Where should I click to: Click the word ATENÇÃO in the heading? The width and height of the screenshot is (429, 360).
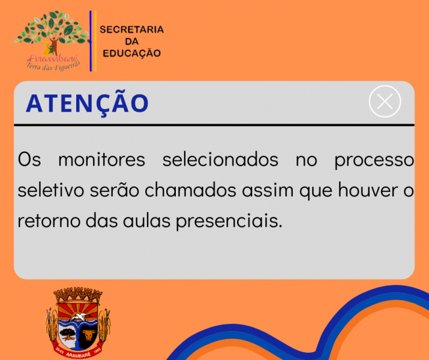point(87,103)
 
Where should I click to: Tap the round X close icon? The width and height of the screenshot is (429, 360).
point(385,101)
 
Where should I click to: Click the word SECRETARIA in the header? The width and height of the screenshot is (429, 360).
point(131,29)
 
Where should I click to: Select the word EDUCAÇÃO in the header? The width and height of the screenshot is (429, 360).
point(131,53)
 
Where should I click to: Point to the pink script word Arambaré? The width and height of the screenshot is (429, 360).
point(49,59)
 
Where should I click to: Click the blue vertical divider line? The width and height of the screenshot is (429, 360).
point(91,41)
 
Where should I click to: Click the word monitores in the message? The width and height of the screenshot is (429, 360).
point(101,160)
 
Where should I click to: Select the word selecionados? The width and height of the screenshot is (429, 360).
point(220,160)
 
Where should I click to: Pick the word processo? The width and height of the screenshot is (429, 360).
point(374,160)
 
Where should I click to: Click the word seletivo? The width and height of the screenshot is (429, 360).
point(51,190)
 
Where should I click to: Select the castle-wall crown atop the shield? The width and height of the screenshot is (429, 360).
point(78,295)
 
